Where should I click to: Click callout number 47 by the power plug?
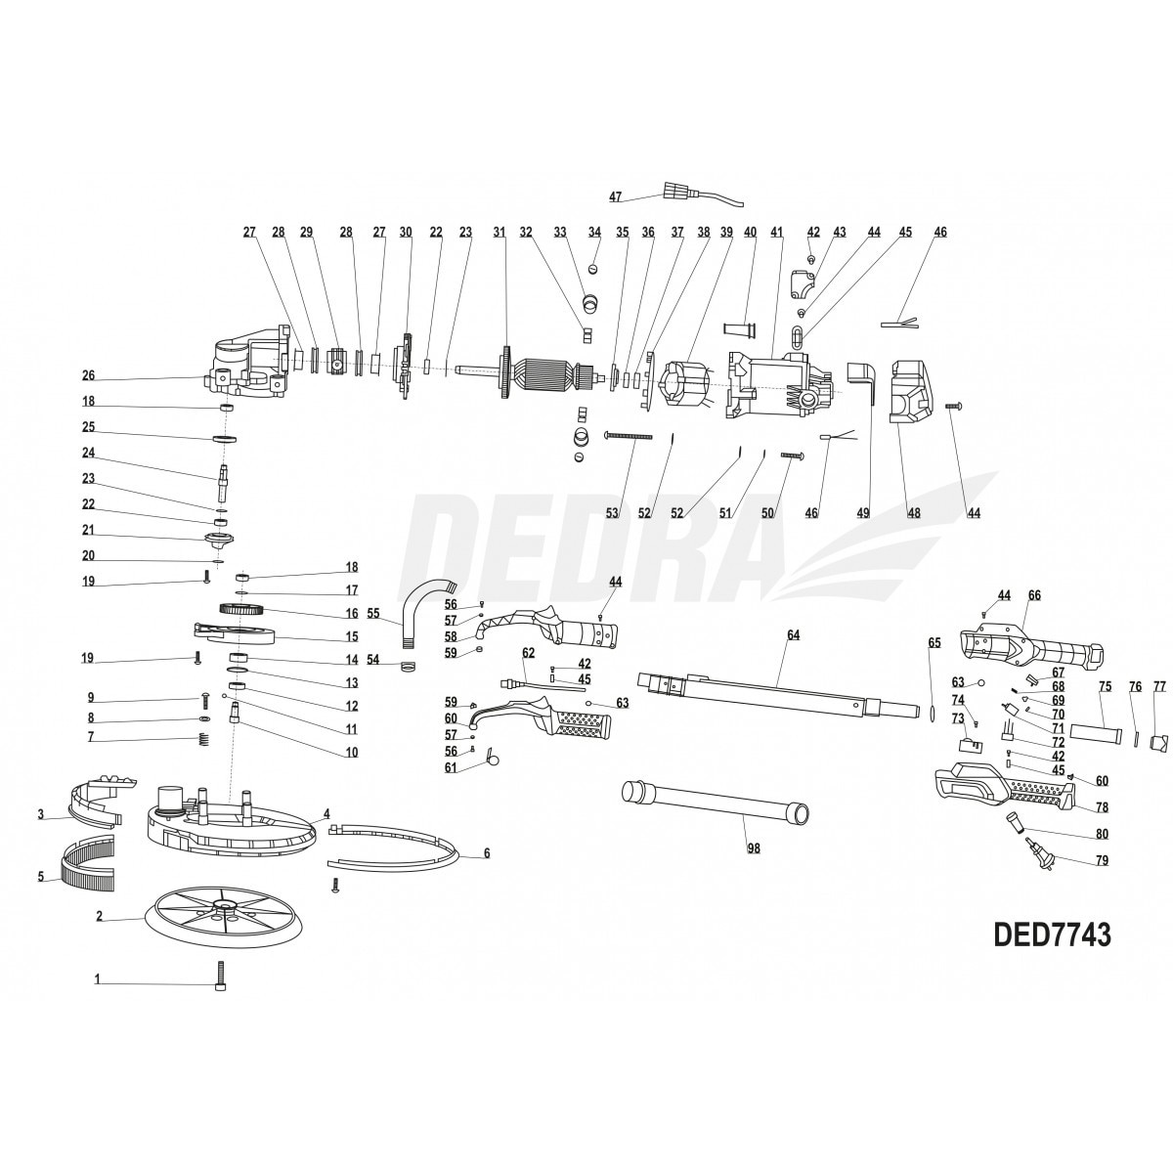click(x=616, y=196)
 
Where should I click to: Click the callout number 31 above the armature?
click(x=500, y=232)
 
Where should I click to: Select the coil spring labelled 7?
click(x=204, y=740)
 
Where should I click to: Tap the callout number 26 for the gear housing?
click(x=88, y=375)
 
